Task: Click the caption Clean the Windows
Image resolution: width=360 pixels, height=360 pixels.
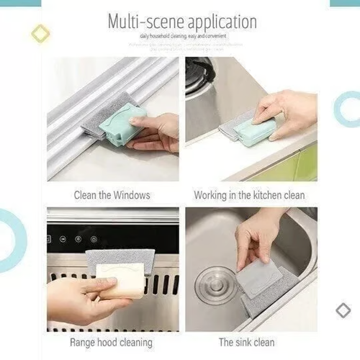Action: [x=112, y=195]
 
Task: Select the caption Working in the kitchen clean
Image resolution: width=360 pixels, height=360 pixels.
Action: [x=249, y=195]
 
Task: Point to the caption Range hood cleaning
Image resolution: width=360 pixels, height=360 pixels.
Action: [x=111, y=342]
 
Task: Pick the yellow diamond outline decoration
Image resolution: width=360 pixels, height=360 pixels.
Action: [x=41, y=33]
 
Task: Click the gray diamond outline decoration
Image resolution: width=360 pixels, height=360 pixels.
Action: [x=343, y=310]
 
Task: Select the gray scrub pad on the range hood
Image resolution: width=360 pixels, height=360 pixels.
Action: [x=120, y=258]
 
